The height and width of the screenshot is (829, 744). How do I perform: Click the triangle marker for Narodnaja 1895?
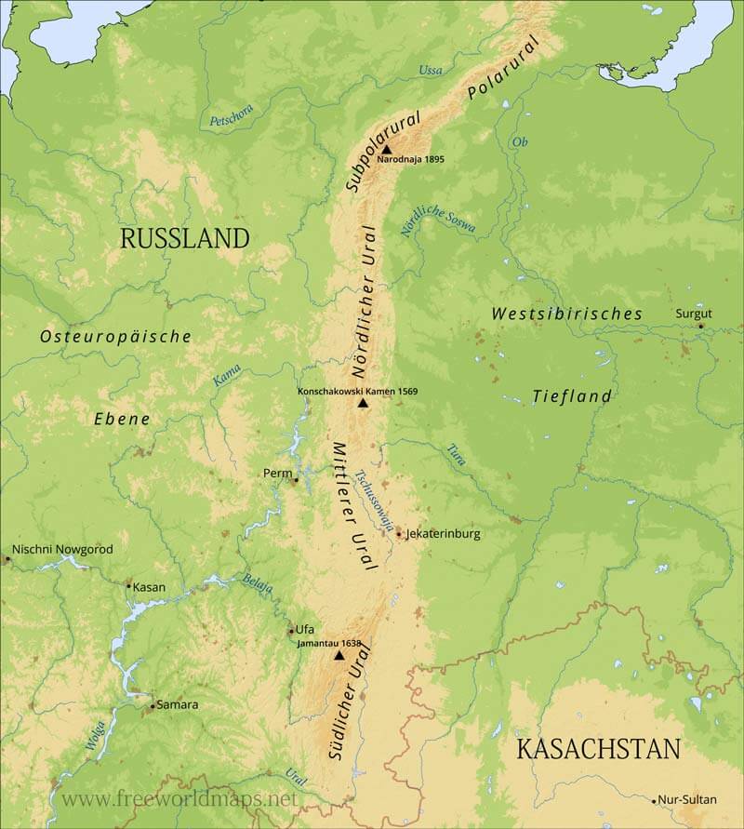click(x=387, y=148)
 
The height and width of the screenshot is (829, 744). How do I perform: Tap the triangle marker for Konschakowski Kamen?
click(x=363, y=403)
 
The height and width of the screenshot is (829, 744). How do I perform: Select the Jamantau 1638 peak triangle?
click(x=339, y=655)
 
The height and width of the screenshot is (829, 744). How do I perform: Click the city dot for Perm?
click(x=296, y=480)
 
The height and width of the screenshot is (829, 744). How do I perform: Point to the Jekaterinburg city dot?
click(x=399, y=534)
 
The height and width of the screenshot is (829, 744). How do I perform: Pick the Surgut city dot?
click(x=701, y=326)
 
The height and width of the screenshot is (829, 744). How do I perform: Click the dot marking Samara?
click(x=152, y=706)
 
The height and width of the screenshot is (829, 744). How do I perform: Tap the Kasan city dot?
click(x=128, y=585)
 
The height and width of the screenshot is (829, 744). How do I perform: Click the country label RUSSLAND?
click(x=185, y=238)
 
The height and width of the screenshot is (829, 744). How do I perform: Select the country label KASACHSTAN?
click(x=598, y=749)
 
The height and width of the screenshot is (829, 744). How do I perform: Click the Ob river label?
click(x=519, y=141)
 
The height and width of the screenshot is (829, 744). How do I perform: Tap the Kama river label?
click(x=227, y=374)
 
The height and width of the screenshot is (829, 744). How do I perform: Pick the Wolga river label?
click(x=95, y=735)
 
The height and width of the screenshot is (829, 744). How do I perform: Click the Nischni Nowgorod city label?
click(x=62, y=549)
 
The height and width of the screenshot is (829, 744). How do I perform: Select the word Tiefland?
click(x=572, y=396)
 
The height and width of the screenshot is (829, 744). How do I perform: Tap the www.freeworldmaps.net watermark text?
click(x=180, y=799)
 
